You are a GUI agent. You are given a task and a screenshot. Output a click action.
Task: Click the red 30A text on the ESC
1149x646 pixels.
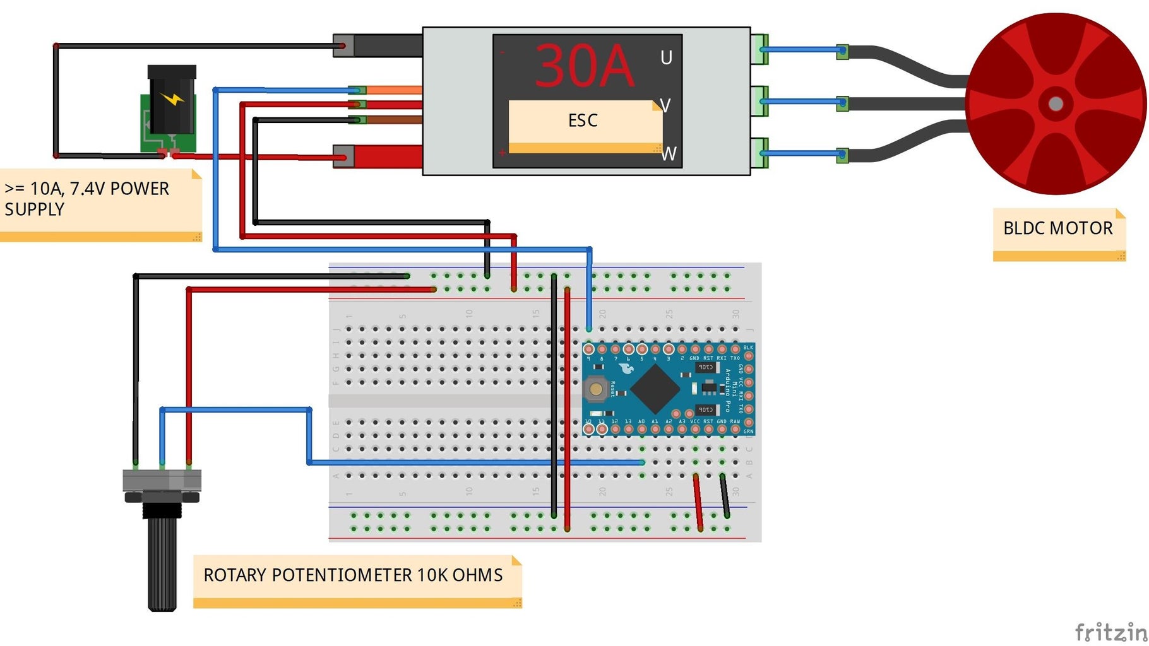[584, 66]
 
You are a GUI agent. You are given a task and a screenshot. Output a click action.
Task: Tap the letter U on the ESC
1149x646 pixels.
[666, 58]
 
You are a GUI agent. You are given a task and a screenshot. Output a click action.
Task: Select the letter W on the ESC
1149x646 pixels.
[669, 154]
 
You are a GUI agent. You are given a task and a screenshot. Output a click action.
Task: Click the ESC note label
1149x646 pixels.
[583, 120]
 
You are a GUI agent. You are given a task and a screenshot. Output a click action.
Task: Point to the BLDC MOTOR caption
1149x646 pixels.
[1057, 228]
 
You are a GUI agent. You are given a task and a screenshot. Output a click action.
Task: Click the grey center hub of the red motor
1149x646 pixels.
[1056, 104]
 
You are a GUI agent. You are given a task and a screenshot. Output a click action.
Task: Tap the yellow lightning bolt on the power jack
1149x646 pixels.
[172, 99]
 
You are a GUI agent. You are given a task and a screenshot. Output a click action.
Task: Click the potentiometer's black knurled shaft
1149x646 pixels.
[162, 561]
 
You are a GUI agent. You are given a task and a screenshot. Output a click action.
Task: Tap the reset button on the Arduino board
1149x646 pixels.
[595, 389]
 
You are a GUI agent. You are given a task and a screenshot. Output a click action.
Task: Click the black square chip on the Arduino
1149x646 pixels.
[655, 387]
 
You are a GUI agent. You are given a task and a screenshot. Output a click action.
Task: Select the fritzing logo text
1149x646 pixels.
[1110, 631]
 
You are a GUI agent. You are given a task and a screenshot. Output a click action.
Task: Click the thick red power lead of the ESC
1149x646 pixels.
[388, 156]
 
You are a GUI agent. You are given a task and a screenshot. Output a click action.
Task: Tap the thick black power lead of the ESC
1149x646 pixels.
[388, 45]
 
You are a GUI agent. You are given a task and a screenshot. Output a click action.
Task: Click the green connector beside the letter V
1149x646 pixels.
[759, 101]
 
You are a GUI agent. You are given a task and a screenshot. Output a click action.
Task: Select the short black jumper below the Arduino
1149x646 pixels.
[725, 496]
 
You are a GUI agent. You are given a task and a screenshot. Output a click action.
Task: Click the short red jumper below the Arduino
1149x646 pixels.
[698, 502]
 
